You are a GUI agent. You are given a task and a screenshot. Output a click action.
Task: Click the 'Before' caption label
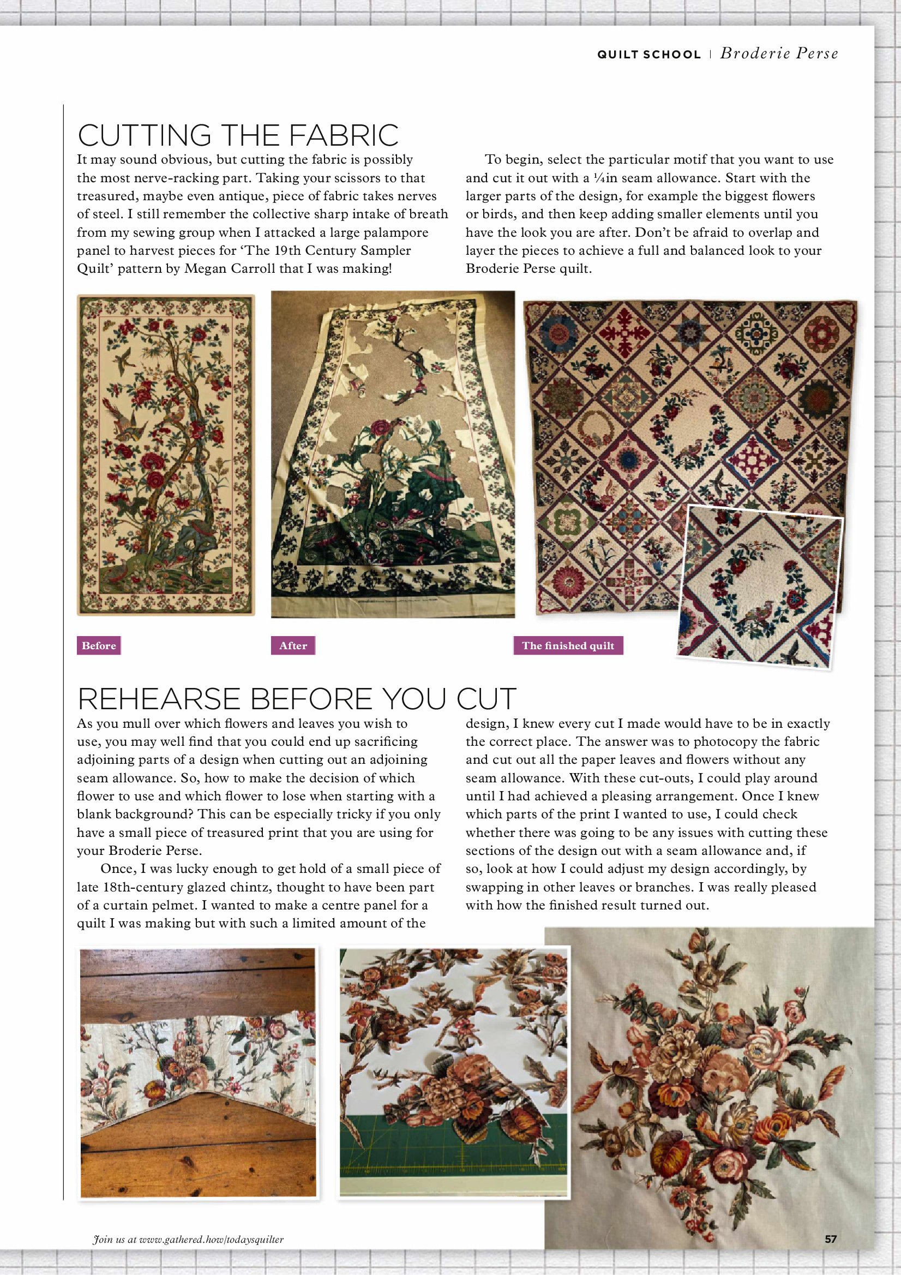[x=98, y=645]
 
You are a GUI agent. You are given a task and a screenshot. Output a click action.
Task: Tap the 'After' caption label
[x=292, y=645]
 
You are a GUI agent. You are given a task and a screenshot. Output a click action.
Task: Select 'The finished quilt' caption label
[x=567, y=645]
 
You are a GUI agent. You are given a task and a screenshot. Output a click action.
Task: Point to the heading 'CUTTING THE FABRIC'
[x=238, y=135]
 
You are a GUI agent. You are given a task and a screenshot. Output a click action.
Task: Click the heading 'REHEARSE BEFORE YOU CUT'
[x=297, y=698]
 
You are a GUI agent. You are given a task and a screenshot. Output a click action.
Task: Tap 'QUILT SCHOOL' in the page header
[x=648, y=55]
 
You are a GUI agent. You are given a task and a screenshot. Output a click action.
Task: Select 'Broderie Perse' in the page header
[x=779, y=53]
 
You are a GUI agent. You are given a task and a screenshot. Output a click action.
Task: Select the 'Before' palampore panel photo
[x=165, y=455]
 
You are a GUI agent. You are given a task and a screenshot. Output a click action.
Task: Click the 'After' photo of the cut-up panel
[x=393, y=455]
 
